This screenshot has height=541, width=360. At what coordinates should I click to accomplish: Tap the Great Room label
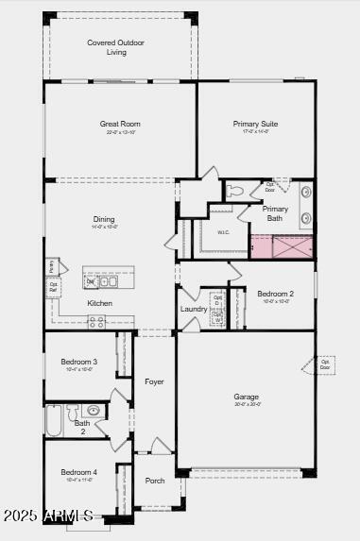click(x=120, y=124)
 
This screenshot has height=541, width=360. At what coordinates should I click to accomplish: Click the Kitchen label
click(x=100, y=303)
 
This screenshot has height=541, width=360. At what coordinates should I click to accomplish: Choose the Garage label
click(x=247, y=397)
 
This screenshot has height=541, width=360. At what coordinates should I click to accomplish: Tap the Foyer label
click(x=154, y=381)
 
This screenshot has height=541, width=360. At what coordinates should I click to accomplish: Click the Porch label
click(x=155, y=481)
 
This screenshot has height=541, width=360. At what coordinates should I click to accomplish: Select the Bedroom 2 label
click(x=275, y=294)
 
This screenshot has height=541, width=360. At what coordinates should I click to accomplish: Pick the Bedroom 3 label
click(x=79, y=362)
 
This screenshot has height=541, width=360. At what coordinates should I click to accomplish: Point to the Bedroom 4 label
click(x=79, y=472)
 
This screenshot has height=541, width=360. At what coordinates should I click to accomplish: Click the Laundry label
click(x=194, y=309)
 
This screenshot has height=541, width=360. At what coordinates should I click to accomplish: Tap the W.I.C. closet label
click(x=224, y=231)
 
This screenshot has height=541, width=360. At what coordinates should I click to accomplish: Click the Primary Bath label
click(x=275, y=213)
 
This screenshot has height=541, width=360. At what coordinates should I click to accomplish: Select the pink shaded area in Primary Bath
click(x=261, y=247)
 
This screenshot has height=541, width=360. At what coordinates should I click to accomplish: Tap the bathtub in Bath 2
click(x=54, y=420)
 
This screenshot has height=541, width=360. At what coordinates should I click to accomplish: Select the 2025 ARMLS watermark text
click(x=47, y=516)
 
